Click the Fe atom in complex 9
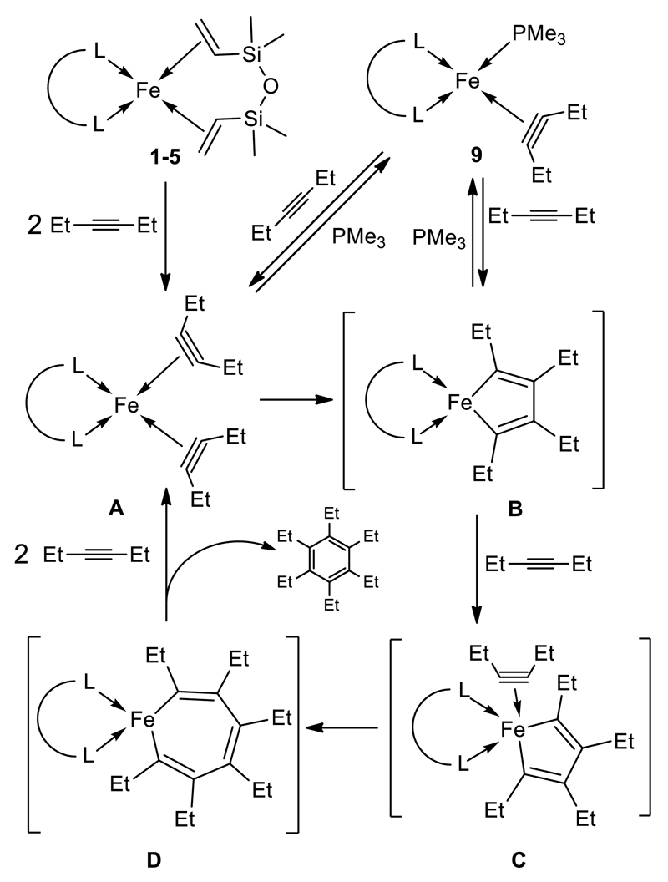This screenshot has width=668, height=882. coord(468,81)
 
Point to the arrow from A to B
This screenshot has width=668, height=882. coord(290,400)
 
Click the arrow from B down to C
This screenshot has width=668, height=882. coord(477,570)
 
